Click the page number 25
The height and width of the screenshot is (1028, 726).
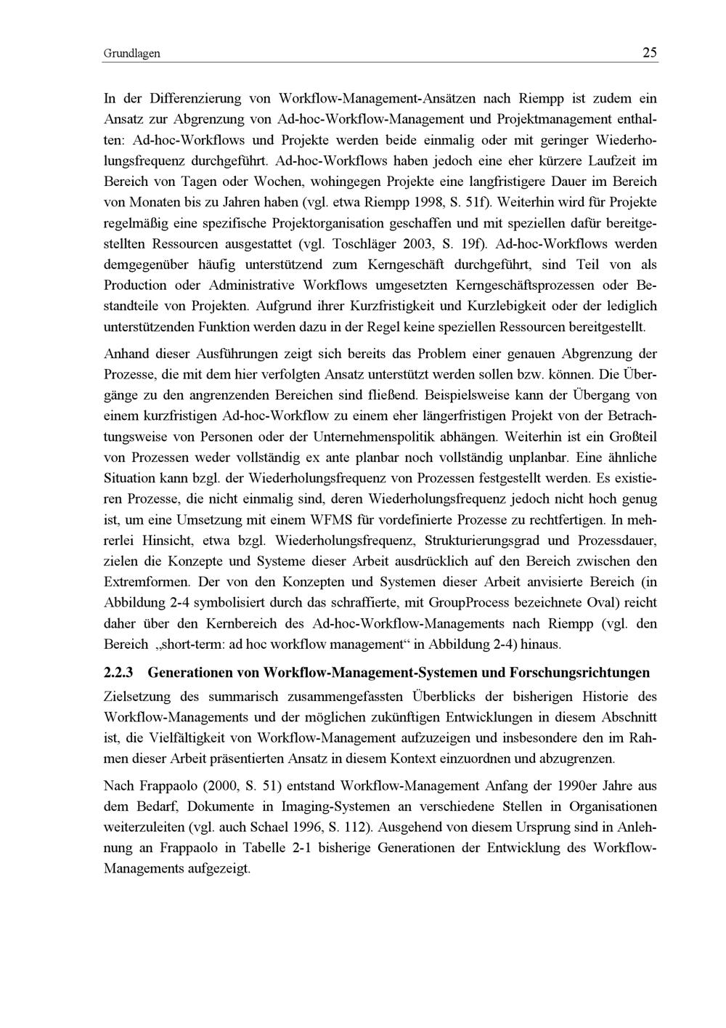coord(649,52)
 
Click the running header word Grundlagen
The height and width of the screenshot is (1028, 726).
coord(131,54)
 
